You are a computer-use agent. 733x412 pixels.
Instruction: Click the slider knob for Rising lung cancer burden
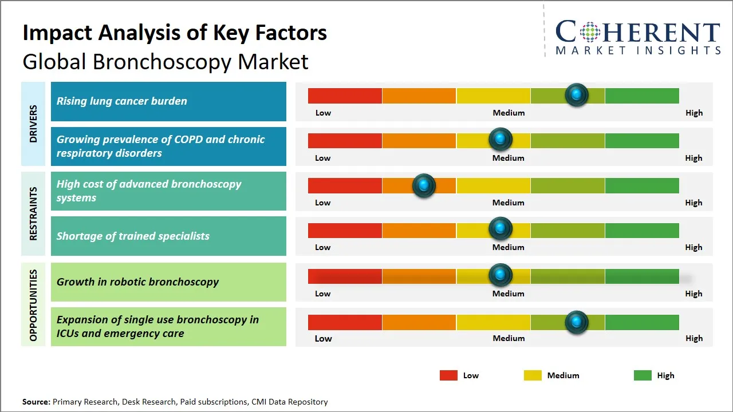[576, 94]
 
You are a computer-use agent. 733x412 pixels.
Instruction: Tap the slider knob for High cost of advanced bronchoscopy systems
[424, 185]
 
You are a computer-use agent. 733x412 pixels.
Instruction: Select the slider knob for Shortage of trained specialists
[500, 229]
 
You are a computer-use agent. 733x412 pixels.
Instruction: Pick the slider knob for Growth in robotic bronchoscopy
[500, 275]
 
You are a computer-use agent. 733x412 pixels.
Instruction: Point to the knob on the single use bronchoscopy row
[576, 322]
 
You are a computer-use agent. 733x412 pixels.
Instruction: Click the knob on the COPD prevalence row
[500, 139]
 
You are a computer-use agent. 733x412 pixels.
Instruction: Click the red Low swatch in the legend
[448, 375]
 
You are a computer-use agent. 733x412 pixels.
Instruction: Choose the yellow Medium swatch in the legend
[533, 375]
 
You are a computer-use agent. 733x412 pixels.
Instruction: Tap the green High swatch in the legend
[643, 375]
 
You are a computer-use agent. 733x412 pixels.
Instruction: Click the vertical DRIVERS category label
[33, 124]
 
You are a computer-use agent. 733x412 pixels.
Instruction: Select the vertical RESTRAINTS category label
[33, 213]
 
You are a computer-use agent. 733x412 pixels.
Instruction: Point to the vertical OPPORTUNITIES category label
[33, 305]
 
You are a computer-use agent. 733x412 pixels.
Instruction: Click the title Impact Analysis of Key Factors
[175, 33]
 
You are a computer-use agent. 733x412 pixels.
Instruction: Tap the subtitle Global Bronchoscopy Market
[165, 61]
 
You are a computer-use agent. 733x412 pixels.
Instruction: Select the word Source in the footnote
[36, 402]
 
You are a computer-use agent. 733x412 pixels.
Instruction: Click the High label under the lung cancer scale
[693, 113]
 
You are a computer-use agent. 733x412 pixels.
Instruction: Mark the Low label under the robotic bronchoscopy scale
[322, 294]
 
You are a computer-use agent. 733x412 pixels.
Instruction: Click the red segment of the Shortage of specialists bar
[345, 231]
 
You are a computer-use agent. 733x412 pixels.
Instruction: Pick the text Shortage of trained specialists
[133, 236]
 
